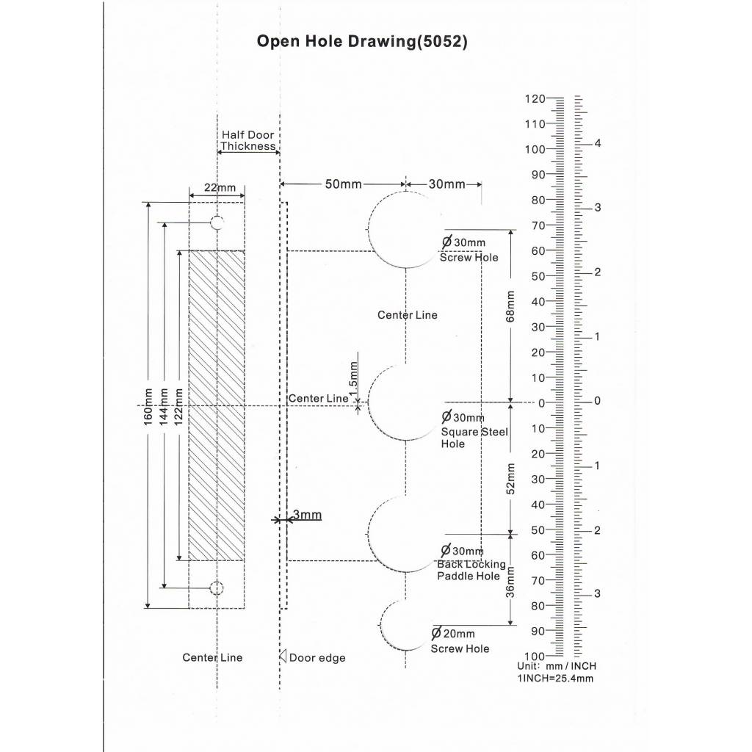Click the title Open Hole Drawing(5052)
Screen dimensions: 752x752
click(x=362, y=41)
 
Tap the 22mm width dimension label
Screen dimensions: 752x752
click(x=220, y=187)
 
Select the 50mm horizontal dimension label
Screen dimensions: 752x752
click(x=344, y=184)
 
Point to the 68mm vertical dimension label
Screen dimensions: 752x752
click(x=510, y=306)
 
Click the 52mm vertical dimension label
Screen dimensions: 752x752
click(x=510, y=479)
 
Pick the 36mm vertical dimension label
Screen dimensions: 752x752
click(x=510, y=582)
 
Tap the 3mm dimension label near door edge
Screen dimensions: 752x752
click(x=307, y=515)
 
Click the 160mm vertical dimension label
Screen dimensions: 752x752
click(x=148, y=407)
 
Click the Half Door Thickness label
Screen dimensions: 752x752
click(x=248, y=140)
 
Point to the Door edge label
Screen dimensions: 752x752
click(x=317, y=658)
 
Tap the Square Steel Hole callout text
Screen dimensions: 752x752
click(x=474, y=438)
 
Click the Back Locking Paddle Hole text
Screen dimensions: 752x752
click(x=471, y=570)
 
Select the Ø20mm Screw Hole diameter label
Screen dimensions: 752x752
click(x=452, y=634)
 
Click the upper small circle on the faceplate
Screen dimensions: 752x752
click(x=217, y=223)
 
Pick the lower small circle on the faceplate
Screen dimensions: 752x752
click(x=217, y=588)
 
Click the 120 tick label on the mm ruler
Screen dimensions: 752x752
click(x=535, y=99)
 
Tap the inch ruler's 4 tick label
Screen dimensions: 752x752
click(x=598, y=143)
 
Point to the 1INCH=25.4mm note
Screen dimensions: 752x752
click(x=555, y=679)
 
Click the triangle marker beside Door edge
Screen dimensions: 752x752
click(x=283, y=656)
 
